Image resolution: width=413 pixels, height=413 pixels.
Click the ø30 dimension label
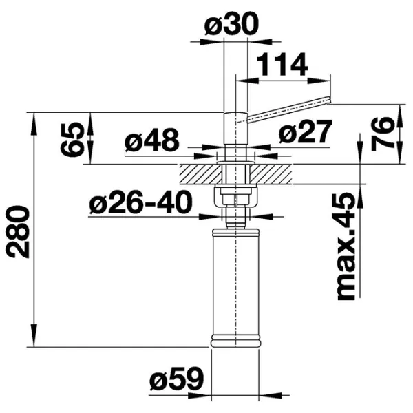tap(231, 23)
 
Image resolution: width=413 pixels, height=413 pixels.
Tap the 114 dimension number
tap(282, 64)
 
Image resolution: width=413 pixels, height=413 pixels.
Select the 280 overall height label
tap(18, 231)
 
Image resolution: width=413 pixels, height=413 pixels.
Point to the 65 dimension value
tap(72, 139)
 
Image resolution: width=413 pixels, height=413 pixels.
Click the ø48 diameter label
tap(152, 140)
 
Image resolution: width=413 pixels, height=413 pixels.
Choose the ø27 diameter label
tap(305, 131)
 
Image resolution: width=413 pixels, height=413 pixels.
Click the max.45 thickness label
tap(346, 246)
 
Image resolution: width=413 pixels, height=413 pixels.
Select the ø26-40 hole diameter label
tap(140, 202)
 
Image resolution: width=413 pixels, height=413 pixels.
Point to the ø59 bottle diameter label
tap(177, 379)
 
